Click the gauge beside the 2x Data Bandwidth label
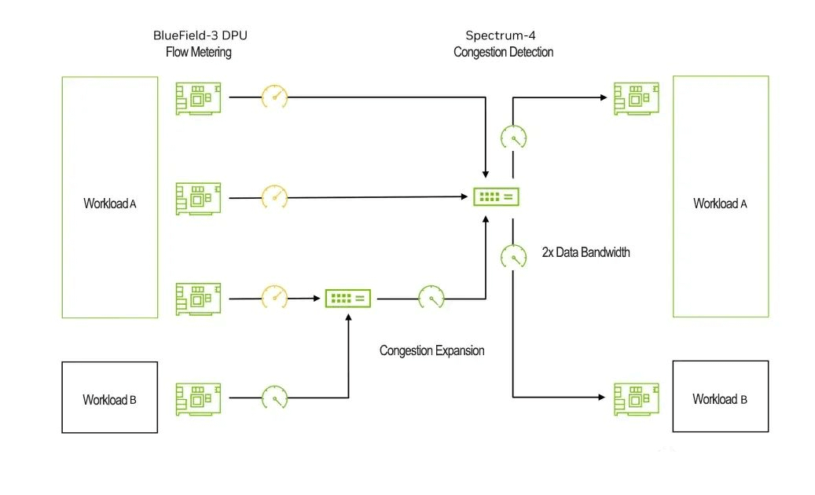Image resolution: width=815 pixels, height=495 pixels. pos(513,255)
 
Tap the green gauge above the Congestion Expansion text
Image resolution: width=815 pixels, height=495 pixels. pos(431,297)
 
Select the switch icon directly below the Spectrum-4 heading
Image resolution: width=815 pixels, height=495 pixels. pos(496,196)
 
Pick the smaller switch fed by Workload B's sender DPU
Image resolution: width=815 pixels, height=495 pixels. pos(348,298)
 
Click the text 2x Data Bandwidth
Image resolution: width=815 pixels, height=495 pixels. pos(586,253)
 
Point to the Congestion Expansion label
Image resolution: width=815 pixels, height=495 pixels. pos(431,350)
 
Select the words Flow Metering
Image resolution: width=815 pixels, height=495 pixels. pos(198,53)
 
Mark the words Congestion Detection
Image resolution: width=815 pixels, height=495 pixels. pos(503,53)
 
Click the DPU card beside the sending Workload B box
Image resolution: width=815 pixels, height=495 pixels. pos(198,398)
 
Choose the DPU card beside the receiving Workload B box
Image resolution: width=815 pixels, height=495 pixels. pos(636,398)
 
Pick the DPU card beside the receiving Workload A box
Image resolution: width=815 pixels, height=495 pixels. pos(636,98)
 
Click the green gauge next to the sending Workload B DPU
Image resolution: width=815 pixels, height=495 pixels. pos(274,398)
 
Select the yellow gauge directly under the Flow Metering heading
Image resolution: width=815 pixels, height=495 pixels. pos(274,97)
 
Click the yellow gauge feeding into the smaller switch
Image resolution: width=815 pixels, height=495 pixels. pos(274,297)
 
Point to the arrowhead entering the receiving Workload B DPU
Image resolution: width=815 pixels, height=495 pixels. pos(605,397)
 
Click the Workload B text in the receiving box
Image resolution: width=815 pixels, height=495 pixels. pos(719,399)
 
